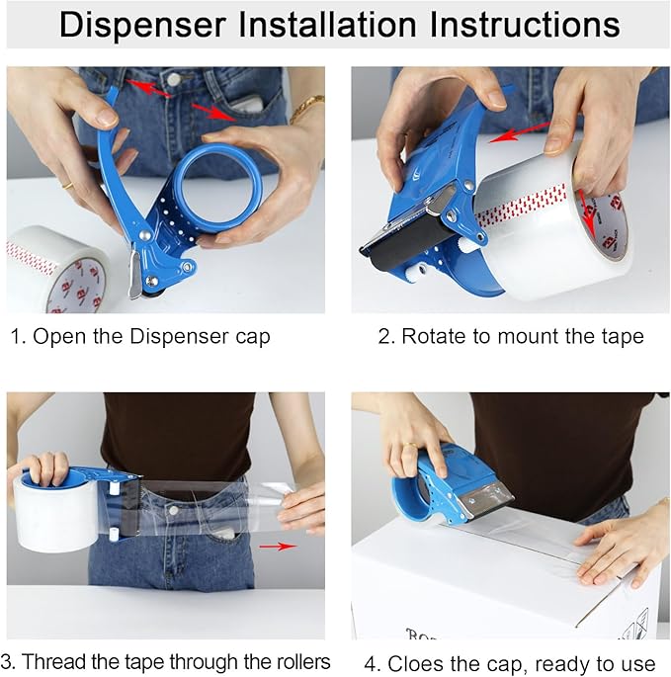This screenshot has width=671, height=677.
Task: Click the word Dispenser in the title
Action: point(143,25)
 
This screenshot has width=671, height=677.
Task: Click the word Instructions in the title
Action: point(525,24)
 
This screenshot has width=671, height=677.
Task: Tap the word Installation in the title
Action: point(328,24)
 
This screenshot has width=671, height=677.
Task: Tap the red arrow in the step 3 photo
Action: point(278,547)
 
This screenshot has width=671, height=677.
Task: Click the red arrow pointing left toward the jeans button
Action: point(149,88)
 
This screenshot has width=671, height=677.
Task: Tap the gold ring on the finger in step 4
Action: point(410,445)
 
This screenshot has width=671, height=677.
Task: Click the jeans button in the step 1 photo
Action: point(174,79)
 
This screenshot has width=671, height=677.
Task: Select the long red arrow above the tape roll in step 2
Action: point(520,132)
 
